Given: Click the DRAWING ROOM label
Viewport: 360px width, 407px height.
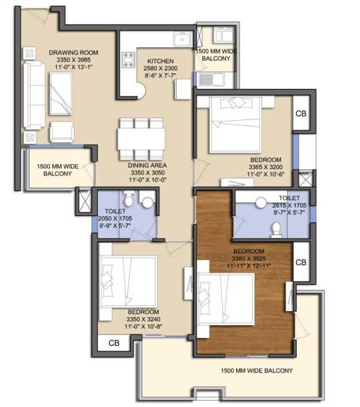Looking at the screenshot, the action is (73, 52).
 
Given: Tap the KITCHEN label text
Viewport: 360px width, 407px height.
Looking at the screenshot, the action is (161, 61).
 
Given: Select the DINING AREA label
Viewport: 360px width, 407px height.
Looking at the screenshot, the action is (147, 165).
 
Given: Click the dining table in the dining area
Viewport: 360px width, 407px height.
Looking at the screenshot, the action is (141, 139).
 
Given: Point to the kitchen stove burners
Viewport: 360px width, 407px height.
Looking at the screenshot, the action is (129, 59).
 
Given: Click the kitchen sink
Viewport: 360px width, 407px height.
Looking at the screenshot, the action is (183, 40).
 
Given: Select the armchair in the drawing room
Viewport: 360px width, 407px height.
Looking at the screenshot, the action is (61, 132).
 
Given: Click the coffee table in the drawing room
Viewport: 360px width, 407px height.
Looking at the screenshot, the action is (61, 94).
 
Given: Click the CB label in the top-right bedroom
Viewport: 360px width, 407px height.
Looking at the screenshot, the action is (301, 114).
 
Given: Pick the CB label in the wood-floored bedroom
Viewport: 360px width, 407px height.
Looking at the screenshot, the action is (301, 263).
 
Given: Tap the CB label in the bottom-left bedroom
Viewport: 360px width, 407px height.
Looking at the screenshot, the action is (114, 343).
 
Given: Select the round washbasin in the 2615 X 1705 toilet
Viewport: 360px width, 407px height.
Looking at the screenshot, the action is (261, 203).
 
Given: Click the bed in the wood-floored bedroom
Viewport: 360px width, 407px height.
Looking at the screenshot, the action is (225, 299).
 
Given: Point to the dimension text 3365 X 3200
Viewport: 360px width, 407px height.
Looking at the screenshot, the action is (266, 167).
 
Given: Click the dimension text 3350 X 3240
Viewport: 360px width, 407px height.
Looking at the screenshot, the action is (143, 319).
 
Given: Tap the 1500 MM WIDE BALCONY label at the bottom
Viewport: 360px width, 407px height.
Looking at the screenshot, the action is (257, 371).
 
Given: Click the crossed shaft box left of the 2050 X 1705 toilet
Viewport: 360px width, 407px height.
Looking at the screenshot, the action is (85, 201).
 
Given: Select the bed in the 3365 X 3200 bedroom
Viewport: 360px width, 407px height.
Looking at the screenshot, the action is (236, 125).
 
